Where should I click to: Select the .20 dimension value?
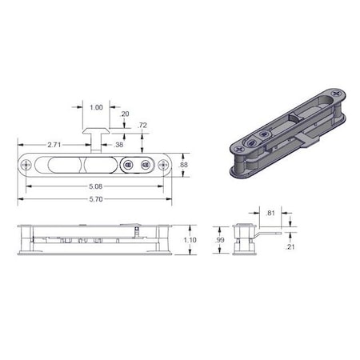[x=125, y=114]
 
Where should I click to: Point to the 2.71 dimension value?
[x=55, y=145]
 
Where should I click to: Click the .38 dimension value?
[x=119, y=145]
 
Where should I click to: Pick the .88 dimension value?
[x=183, y=164]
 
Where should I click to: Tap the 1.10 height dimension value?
[x=190, y=239]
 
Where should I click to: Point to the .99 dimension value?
[x=219, y=239]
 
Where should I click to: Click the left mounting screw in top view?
[x=27, y=164]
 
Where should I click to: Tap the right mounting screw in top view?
[x=163, y=164]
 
